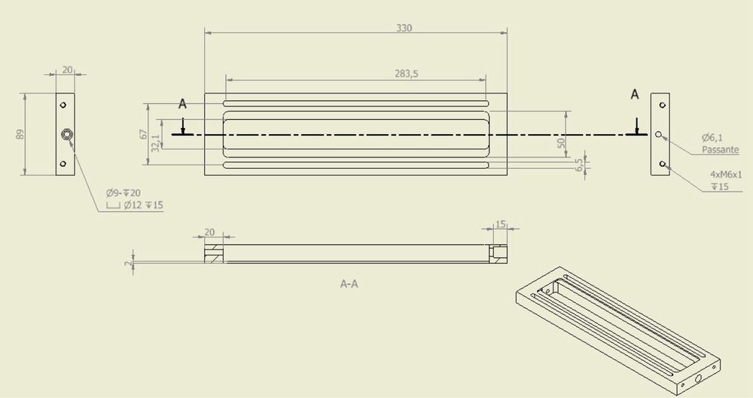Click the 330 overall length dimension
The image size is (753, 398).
404,28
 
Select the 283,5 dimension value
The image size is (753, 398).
407,74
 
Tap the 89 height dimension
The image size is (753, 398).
20,134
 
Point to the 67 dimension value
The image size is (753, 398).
144,134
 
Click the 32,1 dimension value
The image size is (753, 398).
155,142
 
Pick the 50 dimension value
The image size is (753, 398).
562,142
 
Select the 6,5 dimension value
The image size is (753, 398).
579,165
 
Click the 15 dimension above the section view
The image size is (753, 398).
501,224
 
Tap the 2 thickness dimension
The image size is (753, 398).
127,263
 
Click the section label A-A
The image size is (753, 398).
349,284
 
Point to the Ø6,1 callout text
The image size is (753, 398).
712,138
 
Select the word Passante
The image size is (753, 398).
721,149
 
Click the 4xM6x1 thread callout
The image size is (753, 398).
726,174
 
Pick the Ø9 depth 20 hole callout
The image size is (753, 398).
123,193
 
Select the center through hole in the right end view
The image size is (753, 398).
659,134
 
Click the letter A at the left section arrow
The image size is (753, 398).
182,103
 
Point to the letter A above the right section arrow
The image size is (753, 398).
635,95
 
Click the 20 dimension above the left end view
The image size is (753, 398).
67,69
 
